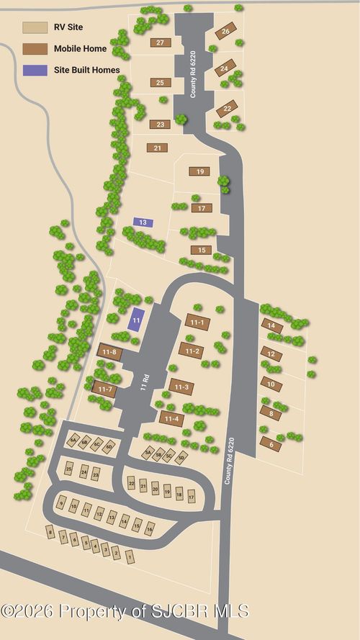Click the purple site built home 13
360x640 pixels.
point(143,222)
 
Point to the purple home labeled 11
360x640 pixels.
point(135,320)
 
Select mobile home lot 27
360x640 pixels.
point(160,42)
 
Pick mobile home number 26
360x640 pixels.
point(225,32)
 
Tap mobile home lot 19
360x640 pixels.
point(199,171)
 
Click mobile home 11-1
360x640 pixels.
point(197,322)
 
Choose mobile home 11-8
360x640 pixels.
point(109,351)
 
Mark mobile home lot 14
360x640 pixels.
point(271,325)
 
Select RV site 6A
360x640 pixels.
point(73,441)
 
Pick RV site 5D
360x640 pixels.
point(181,457)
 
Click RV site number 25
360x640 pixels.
point(69,469)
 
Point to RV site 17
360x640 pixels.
point(192,496)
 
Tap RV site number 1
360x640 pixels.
point(130,556)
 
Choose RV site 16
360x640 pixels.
point(150,529)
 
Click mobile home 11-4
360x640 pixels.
point(171,418)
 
